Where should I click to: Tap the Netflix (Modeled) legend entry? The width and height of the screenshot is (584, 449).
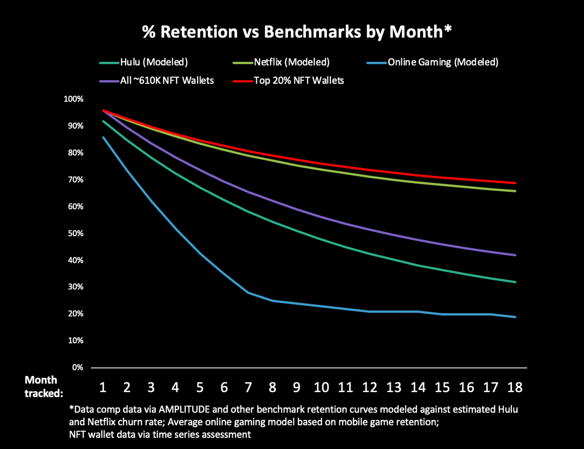[292, 62]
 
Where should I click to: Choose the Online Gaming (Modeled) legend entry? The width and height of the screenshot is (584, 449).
[442, 62]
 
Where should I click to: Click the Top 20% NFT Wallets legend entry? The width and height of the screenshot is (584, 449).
[299, 80]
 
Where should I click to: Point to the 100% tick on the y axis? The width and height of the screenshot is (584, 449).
[73, 99]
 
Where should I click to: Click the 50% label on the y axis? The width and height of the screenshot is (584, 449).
[75, 234]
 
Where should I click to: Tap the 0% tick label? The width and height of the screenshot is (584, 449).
[77, 368]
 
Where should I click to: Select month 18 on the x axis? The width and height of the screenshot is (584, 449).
[515, 388]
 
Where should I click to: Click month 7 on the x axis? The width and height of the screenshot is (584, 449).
[249, 388]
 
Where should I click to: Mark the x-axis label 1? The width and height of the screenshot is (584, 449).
[103, 388]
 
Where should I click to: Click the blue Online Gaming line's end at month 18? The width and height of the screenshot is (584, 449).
[515, 317]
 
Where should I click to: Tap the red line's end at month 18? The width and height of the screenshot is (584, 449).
[515, 183]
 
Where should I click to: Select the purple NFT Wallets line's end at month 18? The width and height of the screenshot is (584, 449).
[515, 255]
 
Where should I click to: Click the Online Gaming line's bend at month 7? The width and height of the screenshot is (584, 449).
[249, 293]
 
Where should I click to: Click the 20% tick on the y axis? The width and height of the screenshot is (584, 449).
[75, 314]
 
